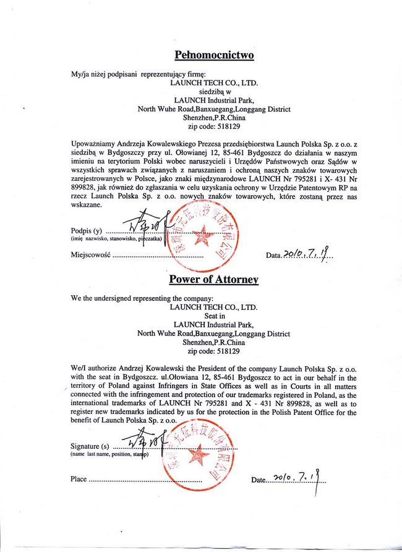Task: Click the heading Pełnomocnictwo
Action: pyautogui.click(x=214, y=55)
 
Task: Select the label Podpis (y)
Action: pyautogui.click(x=87, y=231)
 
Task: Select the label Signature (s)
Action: pyautogui.click(x=90, y=446)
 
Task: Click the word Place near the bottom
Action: pyautogui.click(x=79, y=479)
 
